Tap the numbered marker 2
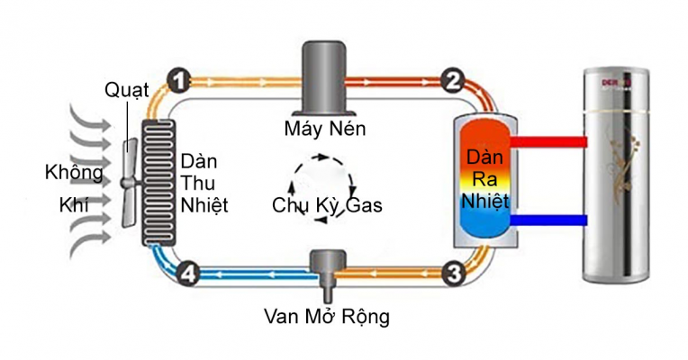pos(453,82)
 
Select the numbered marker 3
pos(454,271)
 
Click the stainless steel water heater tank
pos(620,180)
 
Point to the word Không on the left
pos(75,171)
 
